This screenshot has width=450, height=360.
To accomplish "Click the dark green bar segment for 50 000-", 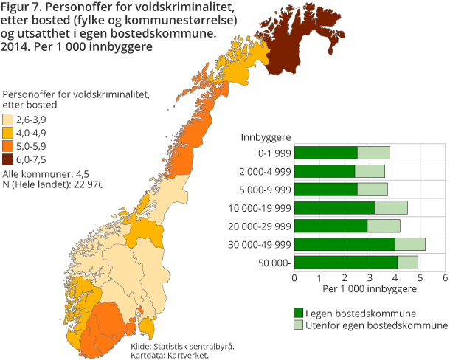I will pyautogui.click(x=346, y=262).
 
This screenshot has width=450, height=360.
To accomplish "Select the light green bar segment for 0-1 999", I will pyautogui.click(x=373, y=153).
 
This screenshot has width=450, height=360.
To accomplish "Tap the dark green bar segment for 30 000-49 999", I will pyautogui.click(x=345, y=243).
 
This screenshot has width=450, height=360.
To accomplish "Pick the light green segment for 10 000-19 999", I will pyautogui.click(x=391, y=207).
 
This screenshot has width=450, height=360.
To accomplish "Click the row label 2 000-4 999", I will pyautogui.click(x=266, y=171).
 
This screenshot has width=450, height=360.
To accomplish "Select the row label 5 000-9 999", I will pyautogui.click(x=266, y=190).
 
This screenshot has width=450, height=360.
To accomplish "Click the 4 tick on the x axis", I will pyautogui.click(x=395, y=277).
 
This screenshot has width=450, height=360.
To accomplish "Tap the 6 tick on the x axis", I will pyautogui.click(x=445, y=277).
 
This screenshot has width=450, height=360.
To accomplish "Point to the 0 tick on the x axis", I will pyautogui.click(x=294, y=277).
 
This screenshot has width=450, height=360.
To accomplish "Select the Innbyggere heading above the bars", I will pyautogui.click(x=266, y=137).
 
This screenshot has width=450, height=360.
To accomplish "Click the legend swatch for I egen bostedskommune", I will pyautogui.click(x=298, y=313).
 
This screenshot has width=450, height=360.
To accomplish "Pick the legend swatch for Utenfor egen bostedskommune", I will pyautogui.click(x=298, y=325).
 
